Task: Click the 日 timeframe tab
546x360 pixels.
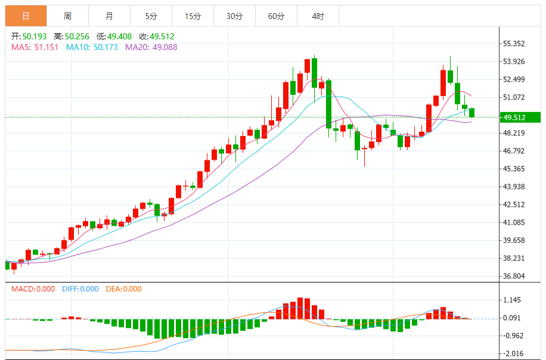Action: tap(26, 16)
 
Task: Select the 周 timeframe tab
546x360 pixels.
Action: tap(67, 16)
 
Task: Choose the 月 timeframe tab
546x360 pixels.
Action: tap(109, 16)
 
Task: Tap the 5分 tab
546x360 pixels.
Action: tap(151, 16)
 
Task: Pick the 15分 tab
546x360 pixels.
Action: tap(193, 16)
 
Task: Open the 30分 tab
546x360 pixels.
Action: tap(234, 16)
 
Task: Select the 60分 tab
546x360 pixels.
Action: tap(276, 16)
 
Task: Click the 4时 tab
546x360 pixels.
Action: tap(318, 16)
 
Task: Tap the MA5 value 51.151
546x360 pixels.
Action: tap(46, 47)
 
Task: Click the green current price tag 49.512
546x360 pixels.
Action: tap(520, 117)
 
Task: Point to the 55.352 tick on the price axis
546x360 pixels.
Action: tap(514, 44)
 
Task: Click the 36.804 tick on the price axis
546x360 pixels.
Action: tap(514, 276)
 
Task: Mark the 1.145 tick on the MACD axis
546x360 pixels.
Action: tap(512, 300)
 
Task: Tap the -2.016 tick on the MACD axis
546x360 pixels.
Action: tap(512, 353)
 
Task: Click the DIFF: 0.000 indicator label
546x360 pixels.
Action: tap(80, 289)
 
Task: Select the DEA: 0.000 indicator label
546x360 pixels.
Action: tap(124, 289)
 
